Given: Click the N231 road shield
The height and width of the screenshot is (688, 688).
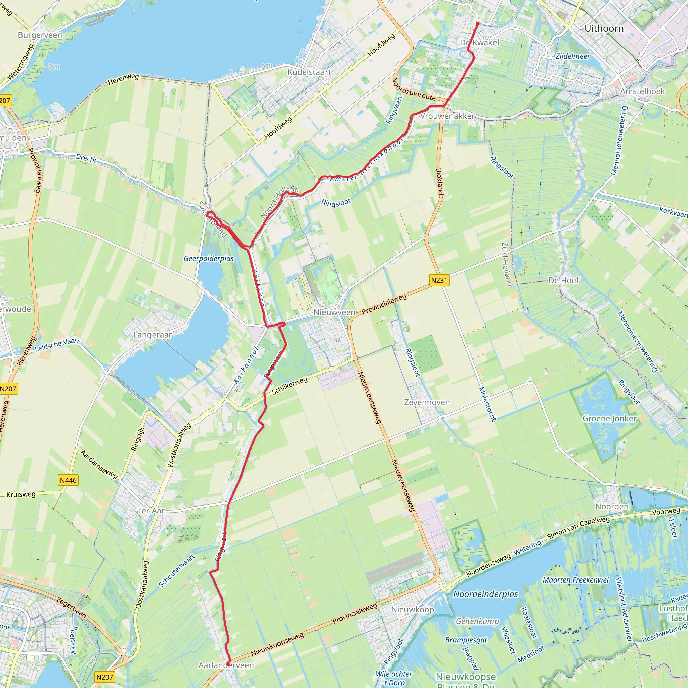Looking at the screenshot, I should (x=439, y=280).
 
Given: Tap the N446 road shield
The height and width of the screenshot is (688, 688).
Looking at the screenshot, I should (x=68, y=480).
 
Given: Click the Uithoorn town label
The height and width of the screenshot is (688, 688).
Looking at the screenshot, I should (x=604, y=29).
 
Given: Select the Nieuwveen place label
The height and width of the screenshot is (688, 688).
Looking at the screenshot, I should (x=334, y=312).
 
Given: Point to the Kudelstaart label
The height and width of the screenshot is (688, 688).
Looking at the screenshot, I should (x=309, y=72).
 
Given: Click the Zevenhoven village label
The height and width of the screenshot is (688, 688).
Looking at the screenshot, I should (x=427, y=402).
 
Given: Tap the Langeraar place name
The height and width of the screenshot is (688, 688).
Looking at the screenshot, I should (x=153, y=335).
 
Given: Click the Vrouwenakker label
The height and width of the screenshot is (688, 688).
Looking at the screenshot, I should (x=447, y=116).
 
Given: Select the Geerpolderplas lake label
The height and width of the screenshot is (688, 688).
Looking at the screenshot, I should (x=209, y=259).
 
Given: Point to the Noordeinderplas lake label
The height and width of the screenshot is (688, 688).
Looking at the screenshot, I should (x=485, y=594).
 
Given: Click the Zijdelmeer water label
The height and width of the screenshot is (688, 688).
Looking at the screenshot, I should (x=573, y=56).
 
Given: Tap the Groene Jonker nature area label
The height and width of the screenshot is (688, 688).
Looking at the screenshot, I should (x=609, y=419).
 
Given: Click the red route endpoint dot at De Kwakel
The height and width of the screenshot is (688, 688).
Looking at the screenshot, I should (x=478, y=24).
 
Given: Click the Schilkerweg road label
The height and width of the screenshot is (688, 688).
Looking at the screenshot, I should (x=290, y=386).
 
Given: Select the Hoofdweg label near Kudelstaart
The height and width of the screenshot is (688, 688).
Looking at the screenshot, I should (x=381, y=45).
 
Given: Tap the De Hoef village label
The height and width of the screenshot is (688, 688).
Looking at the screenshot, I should (x=564, y=280).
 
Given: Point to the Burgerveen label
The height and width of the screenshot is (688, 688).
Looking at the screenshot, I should (x=40, y=35).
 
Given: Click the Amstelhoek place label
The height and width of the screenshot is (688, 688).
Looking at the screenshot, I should (x=642, y=91).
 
